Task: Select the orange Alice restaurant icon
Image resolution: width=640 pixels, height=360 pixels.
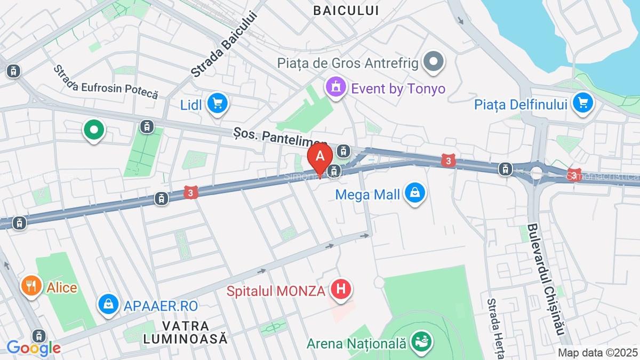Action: tap(31, 286)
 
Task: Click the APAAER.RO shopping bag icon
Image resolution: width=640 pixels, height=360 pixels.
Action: tap(108, 305)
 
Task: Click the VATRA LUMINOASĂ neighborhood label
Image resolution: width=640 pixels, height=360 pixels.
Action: tap(186, 331)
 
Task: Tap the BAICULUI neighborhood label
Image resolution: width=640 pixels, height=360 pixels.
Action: tap(346, 10)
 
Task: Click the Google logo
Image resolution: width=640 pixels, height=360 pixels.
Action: tap(33, 348)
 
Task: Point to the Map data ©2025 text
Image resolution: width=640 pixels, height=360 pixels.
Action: tap(597, 352)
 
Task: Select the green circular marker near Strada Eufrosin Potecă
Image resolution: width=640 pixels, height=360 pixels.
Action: tap(94, 129)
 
